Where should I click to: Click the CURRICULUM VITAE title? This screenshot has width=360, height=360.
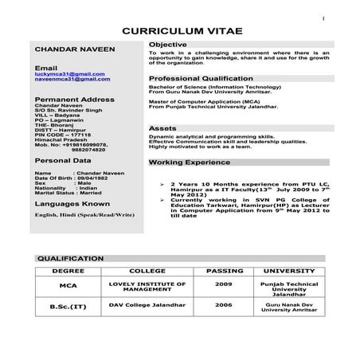(x=180, y=30)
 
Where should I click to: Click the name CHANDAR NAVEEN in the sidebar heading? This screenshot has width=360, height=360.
(x=69, y=49)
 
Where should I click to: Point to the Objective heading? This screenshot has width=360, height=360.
(x=168, y=44)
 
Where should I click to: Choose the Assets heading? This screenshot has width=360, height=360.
(x=162, y=127)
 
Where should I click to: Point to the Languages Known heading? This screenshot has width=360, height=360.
(x=72, y=204)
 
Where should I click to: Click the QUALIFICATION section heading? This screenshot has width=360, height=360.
(x=71, y=259)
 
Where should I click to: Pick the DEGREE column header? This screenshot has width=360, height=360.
(x=68, y=271)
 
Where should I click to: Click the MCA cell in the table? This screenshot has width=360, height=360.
(x=68, y=285)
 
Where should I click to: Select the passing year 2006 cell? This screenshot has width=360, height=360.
(x=224, y=304)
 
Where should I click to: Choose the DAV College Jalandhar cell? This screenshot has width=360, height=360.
(x=143, y=304)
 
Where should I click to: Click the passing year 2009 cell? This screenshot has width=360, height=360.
(x=224, y=284)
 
